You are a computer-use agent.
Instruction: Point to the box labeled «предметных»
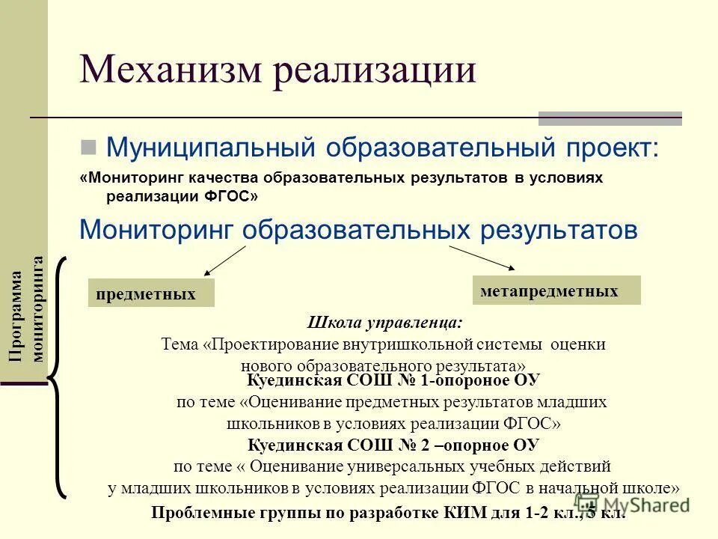(151, 293)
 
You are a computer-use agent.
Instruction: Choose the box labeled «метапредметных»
(556, 290)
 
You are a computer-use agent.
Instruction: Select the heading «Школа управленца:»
(384, 323)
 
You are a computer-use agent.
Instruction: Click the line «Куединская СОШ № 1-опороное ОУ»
(393, 380)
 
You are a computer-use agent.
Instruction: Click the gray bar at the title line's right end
(610, 118)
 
